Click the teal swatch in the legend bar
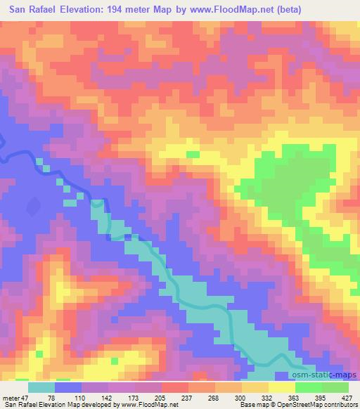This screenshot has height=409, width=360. coord(41,387)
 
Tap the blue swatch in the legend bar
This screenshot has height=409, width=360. coord(68,387)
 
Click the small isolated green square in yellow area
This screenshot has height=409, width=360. coord(192,154)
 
